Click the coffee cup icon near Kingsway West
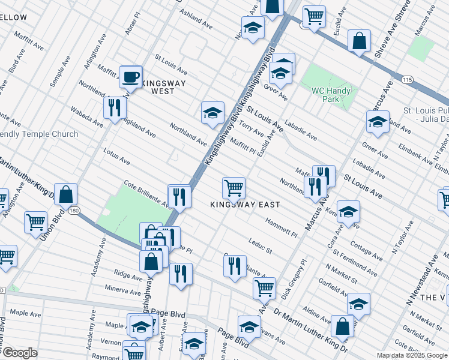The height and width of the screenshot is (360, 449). coord(130,77)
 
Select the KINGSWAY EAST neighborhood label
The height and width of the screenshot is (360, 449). coord(245,205)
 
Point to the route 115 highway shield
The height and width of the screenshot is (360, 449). coord(407,80)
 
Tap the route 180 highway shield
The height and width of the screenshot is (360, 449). coord(74,210)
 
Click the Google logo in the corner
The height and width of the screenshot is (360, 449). coord(19,353)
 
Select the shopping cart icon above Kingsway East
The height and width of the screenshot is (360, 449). coord(234,187)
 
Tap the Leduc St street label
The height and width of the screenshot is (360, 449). coord(261,245)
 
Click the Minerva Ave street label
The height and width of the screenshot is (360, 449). coord(121,290)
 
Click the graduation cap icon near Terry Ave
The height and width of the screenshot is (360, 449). coord(212,113)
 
